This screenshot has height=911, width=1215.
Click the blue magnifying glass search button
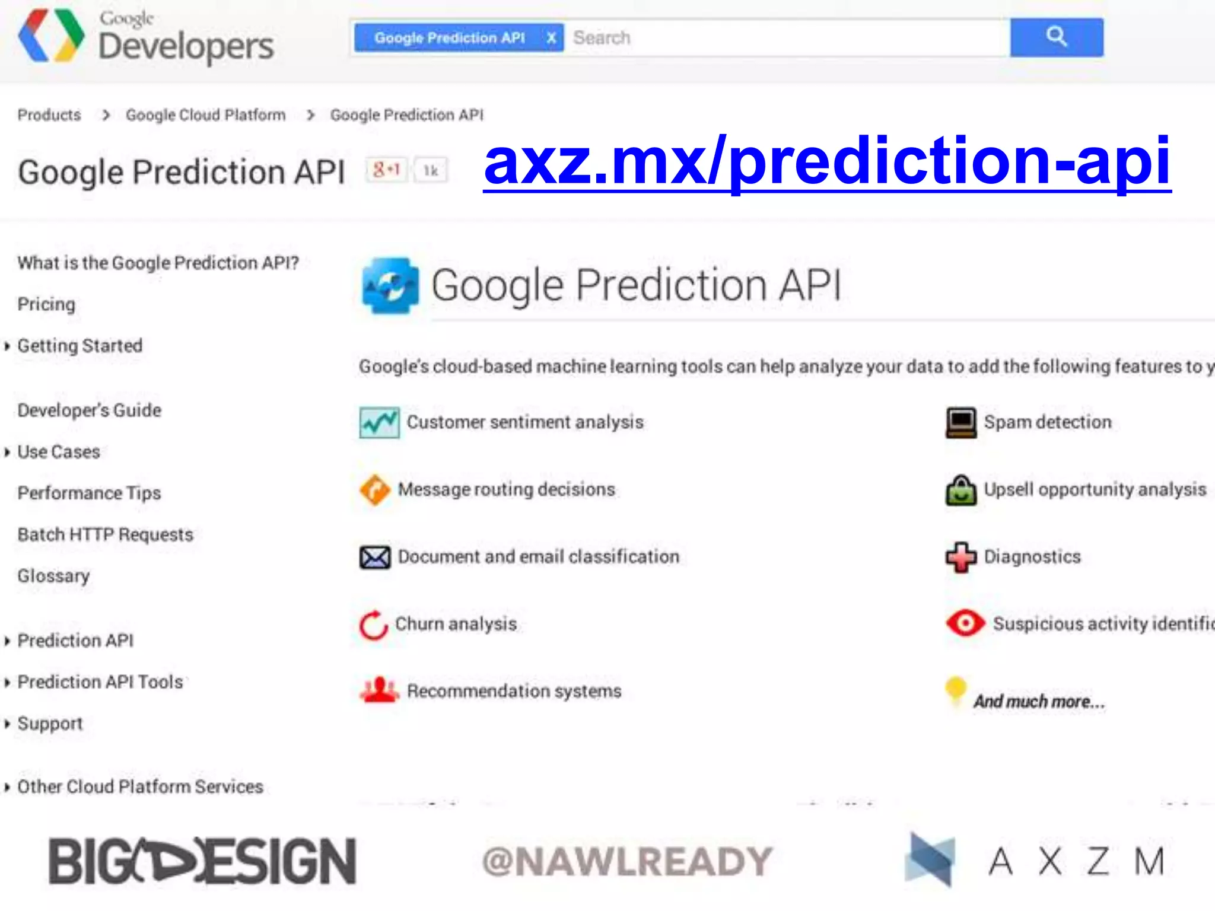1056,37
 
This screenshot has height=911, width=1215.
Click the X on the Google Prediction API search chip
551,38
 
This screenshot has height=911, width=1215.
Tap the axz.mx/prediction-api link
827,161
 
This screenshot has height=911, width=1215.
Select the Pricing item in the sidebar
46,304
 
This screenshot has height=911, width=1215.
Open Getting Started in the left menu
79,346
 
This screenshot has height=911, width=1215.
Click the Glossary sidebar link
53,576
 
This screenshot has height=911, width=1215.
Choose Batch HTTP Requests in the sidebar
105,534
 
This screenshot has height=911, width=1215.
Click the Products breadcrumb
49,115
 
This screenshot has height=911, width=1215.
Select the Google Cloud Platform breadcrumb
205,115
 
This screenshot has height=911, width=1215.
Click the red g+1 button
386,170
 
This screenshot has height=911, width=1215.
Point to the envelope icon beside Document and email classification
375,557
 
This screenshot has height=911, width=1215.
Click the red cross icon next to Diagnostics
960,557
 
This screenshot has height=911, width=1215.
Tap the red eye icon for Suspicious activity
965,623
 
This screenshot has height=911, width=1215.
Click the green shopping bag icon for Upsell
960,490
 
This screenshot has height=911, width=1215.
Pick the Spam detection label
1047,422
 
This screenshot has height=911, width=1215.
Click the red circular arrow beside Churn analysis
374,625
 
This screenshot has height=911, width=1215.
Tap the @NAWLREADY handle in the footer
626,861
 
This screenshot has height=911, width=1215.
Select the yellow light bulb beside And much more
955,690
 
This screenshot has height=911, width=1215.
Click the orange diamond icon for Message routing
375,490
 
